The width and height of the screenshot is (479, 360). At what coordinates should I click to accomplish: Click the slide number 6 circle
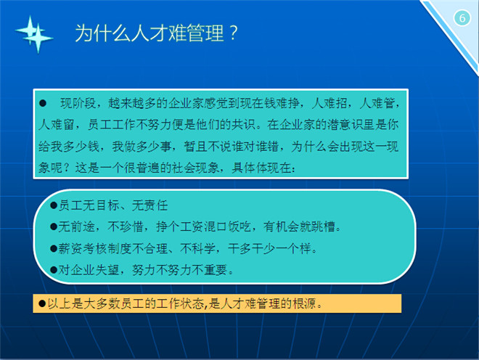pyautogui.click(x=462, y=18)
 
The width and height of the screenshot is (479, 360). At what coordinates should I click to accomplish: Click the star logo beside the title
pyautogui.click(x=34, y=34)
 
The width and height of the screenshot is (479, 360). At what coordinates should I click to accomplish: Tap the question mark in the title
pyautogui.click(x=233, y=33)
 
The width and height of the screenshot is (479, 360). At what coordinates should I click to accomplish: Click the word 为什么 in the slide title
pyautogui.click(x=102, y=33)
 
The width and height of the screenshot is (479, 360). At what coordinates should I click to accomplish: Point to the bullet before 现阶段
pyautogui.click(x=43, y=103)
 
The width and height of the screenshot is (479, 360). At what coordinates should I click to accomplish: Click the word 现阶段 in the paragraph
pyautogui.click(x=78, y=103)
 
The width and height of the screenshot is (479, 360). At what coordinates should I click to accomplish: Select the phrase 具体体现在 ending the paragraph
pyautogui.click(x=261, y=168)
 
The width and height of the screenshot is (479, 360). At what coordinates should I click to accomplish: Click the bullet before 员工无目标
pyautogui.click(x=54, y=205)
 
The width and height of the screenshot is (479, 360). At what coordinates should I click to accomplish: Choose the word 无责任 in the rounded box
pyautogui.click(x=150, y=205)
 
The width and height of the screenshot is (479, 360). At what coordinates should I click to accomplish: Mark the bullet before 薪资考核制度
pyautogui.click(x=54, y=248)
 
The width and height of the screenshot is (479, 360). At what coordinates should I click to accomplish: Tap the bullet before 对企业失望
pyautogui.click(x=54, y=270)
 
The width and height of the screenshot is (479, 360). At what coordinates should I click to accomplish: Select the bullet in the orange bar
pyautogui.click(x=42, y=303)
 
